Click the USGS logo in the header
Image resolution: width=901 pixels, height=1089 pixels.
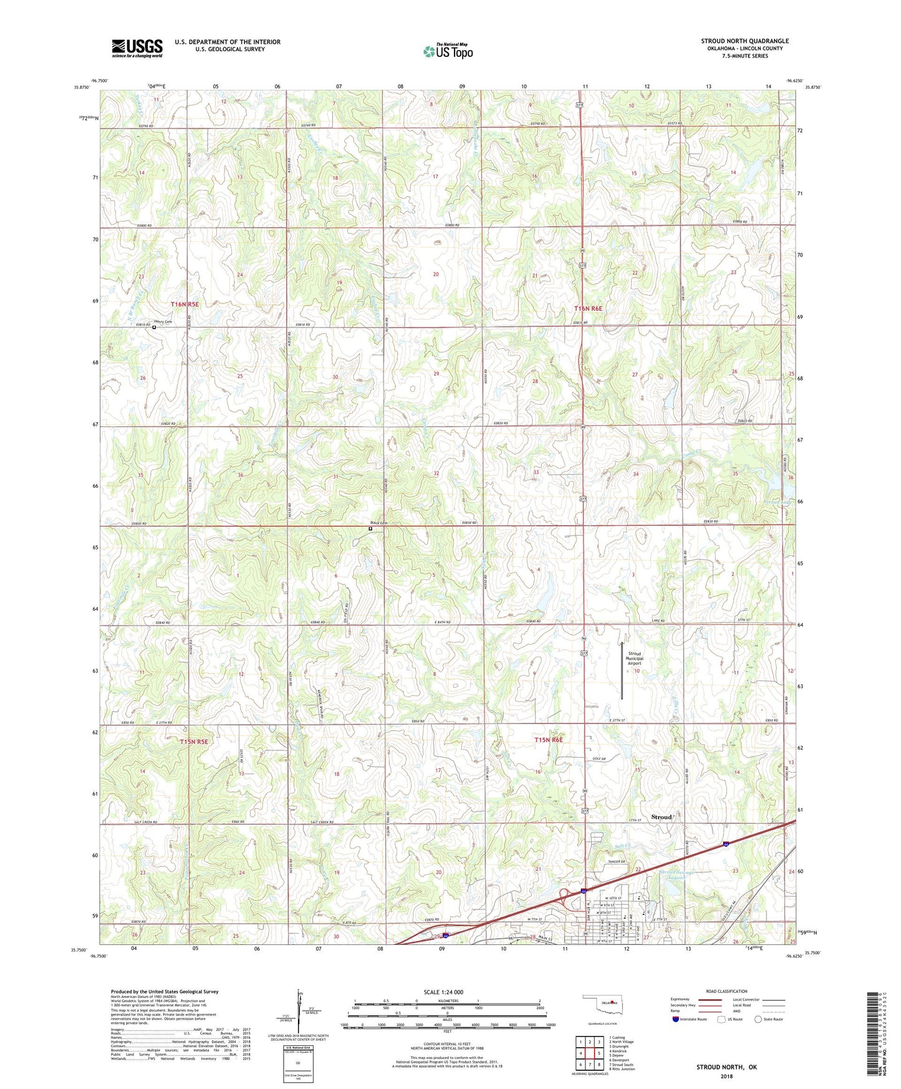click(137, 48)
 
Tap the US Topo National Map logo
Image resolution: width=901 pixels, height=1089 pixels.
click(448, 51)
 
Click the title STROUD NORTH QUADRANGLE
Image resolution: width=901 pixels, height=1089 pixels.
click(744, 41)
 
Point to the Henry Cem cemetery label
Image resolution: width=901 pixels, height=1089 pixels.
click(163, 322)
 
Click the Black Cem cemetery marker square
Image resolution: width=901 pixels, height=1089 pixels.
click(370, 529)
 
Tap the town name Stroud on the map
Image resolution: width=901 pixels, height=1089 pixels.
click(661, 817)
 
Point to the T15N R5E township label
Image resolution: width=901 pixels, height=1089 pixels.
click(193, 742)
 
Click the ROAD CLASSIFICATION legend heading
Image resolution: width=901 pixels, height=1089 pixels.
click(726, 991)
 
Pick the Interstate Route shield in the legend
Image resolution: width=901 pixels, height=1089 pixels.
click(676, 1019)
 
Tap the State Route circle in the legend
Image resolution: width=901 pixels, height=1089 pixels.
click(758, 1019)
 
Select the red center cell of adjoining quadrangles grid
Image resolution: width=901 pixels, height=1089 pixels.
click(589, 1055)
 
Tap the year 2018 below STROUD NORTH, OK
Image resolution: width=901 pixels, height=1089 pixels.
click(726, 1076)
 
